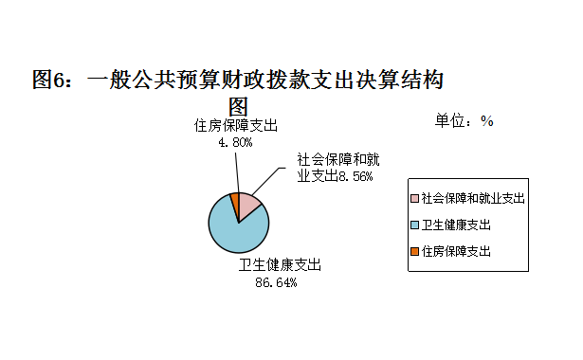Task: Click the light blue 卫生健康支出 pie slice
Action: coord(235,232)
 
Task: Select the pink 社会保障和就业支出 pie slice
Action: coord(248,205)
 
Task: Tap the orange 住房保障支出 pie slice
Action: coord(234,199)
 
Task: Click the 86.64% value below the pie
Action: coord(277,282)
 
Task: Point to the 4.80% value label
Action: coord(235,142)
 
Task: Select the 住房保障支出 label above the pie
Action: coord(236,126)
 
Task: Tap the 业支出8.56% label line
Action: coord(335,176)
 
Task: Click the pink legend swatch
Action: coord(415,199)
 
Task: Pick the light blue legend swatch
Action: coord(415,225)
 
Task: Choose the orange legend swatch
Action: coord(415,251)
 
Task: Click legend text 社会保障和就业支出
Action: coord(473,199)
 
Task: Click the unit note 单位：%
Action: coord(465,120)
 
